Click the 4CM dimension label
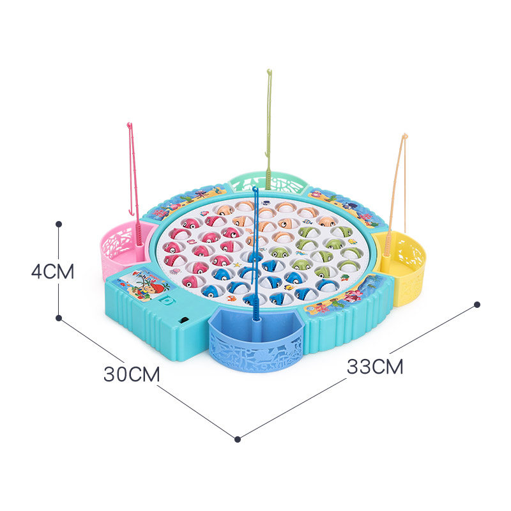click(53, 271)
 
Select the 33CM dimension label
click(375, 367)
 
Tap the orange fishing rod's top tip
click(404, 135)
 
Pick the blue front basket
click(257, 342)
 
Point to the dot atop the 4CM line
click(59, 224)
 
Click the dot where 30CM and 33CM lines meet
click(238, 439)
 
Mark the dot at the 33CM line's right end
click(477, 305)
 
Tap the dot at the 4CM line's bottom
click(59, 317)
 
